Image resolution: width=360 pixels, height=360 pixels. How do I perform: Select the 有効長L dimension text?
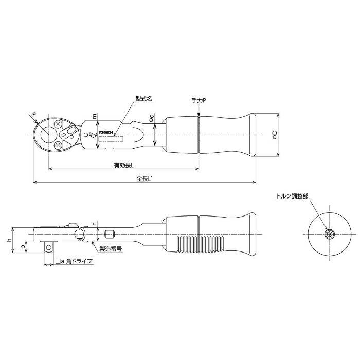click(124, 165)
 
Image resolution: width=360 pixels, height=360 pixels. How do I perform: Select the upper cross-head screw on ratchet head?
click(58, 124)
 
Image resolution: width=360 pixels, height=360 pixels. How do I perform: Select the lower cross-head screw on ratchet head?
click(58, 146)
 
